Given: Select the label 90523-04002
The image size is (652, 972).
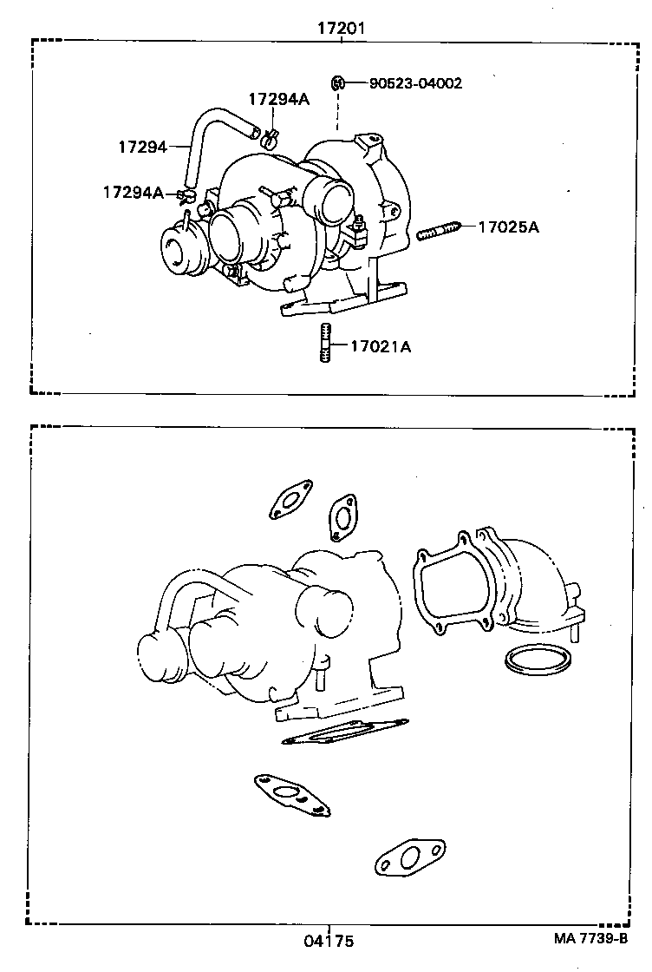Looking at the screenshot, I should coord(415,83).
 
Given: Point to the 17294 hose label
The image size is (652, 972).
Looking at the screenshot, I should coord(142,146).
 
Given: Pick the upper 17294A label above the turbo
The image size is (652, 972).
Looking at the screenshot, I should coord(278,99).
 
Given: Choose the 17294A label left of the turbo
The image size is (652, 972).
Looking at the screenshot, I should coord(133,192).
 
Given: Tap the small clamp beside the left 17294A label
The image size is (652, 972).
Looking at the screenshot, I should coord(184,194).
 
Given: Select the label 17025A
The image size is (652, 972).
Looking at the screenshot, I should coord(508,227).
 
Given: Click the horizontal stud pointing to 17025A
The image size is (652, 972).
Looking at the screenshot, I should coord(437,232).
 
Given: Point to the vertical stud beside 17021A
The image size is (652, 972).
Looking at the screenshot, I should coord(325,343).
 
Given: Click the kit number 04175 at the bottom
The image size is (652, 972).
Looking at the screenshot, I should coord(329,941).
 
